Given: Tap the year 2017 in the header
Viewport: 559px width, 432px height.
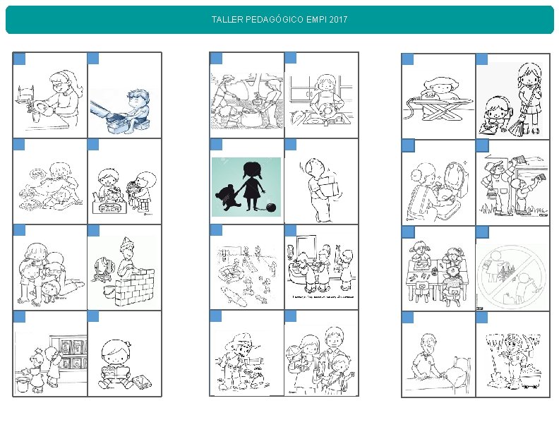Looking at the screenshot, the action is (338, 19).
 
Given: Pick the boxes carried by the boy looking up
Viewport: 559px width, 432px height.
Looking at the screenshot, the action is (329, 186).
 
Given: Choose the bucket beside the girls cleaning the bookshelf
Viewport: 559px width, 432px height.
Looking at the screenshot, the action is (22, 384).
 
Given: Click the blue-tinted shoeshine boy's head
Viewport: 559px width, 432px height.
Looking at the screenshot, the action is (138, 100).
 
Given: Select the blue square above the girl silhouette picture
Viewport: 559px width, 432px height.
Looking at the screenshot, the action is (216, 145).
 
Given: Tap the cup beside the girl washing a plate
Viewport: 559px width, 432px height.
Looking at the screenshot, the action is (35, 116).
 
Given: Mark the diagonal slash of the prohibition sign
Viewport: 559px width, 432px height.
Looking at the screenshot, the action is (511, 277).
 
